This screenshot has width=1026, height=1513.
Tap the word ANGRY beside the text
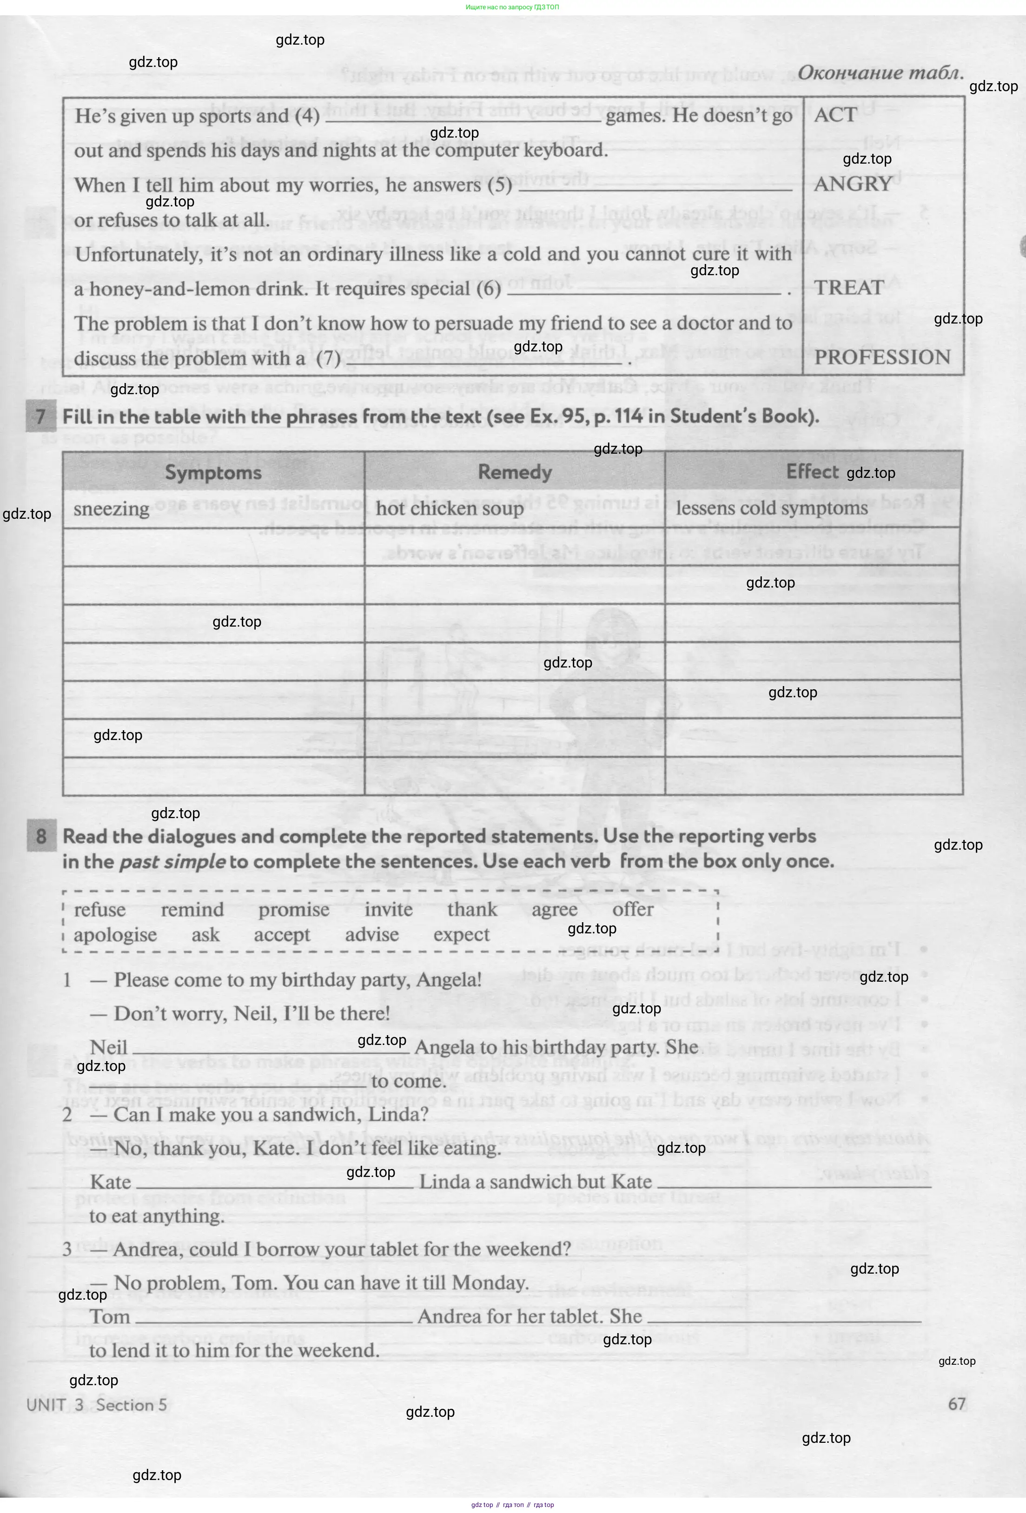point(853,184)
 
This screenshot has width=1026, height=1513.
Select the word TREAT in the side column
point(849,288)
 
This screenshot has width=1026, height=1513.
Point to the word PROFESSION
point(882,357)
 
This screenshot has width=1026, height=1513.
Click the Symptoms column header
point(213,472)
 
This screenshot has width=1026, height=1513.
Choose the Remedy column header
point(514,472)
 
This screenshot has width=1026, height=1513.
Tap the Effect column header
point(812,471)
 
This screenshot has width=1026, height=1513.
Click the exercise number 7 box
point(40,416)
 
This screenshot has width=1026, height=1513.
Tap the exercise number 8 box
point(41,836)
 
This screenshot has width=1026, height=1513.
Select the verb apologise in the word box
point(115,935)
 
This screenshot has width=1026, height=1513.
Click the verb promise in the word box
point(294,910)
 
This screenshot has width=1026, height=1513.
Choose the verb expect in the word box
point(461,935)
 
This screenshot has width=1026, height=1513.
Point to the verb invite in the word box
point(388,910)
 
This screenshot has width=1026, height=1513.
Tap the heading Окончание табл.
point(880,73)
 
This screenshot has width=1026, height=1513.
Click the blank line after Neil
point(271,1049)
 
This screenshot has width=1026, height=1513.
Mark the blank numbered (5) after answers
point(654,187)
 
